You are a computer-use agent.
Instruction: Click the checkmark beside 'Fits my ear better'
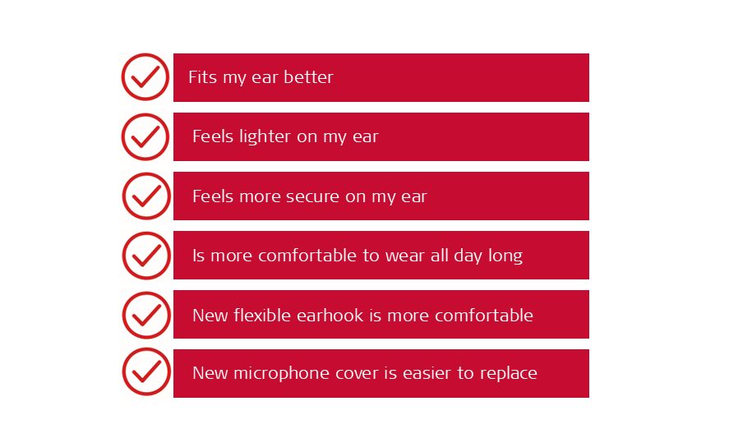(x=145, y=77)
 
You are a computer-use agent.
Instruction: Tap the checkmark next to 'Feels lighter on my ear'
(x=145, y=136)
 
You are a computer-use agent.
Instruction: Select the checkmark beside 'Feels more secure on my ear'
(x=146, y=196)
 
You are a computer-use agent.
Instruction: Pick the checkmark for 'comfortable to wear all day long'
(x=146, y=256)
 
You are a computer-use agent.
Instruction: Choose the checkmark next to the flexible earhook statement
(x=146, y=316)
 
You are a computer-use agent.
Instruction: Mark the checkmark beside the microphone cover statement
(x=146, y=371)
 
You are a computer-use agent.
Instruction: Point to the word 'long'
(x=505, y=256)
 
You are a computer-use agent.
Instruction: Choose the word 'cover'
(x=335, y=374)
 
